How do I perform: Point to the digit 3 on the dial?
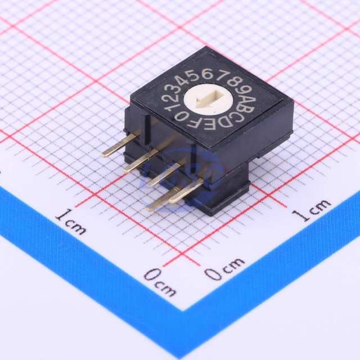point(173,88)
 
